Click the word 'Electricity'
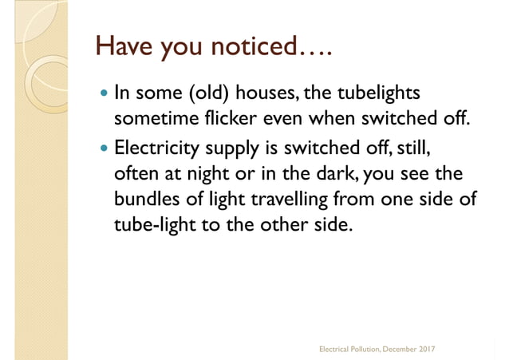[157, 148]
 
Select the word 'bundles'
[147, 199]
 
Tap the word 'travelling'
[286, 200]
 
